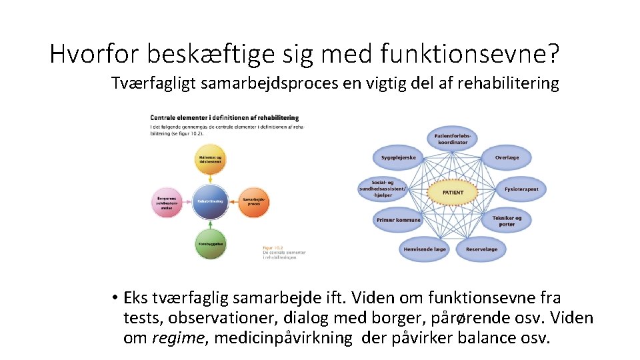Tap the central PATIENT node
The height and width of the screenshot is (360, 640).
[x=453, y=193]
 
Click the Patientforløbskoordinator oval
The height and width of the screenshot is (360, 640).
[x=453, y=139]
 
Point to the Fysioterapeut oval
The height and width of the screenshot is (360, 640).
[x=521, y=189]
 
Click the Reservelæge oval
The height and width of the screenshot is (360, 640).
[x=481, y=249]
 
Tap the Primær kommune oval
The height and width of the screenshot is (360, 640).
[x=399, y=220]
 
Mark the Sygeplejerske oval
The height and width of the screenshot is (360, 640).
[x=399, y=158]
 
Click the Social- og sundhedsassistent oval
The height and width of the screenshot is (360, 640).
[x=385, y=189]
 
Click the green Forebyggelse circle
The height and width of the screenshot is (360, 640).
[x=210, y=244]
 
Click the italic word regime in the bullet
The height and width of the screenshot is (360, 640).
[x=176, y=338]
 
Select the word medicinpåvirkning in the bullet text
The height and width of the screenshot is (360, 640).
[x=285, y=338]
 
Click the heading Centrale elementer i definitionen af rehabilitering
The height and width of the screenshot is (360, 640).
[x=224, y=118]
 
